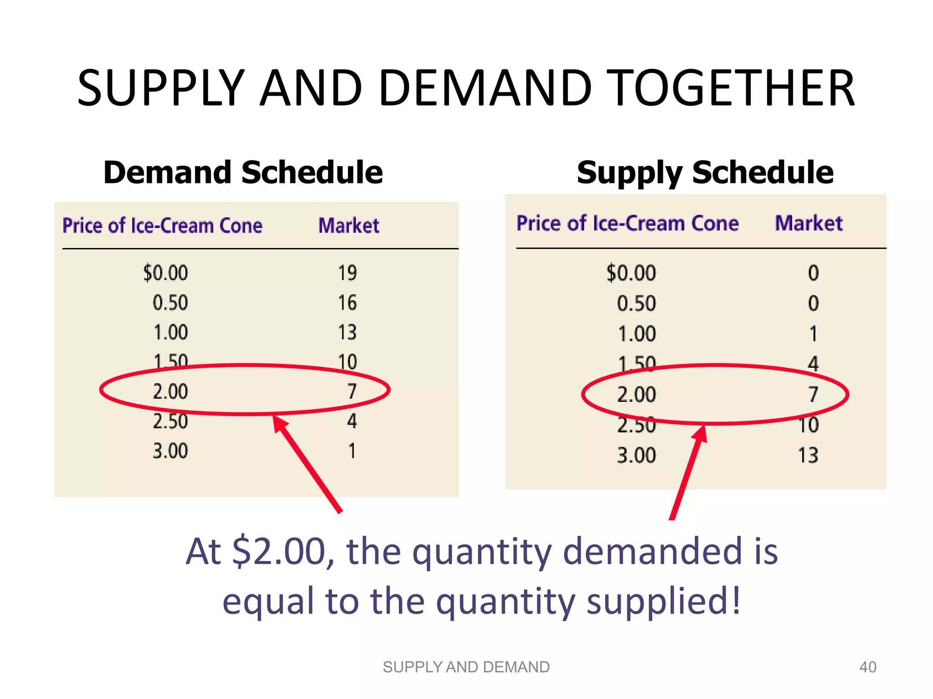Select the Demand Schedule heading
click(243, 172)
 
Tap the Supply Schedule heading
click(705, 172)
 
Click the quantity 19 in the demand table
click(347, 273)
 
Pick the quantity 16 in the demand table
click(347, 303)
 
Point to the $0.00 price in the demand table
click(165, 273)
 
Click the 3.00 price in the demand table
click(170, 451)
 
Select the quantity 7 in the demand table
click(352, 391)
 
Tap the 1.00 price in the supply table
click(636, 334)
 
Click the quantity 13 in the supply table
click(808, 456)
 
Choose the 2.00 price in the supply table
click(636, 395)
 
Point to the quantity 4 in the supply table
click(813, 364)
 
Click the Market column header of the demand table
click(349, 226)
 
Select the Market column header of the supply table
click(809, 223)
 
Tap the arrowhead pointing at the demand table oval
click(280, 423)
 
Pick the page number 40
click(867, 667)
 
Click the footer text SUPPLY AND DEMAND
click(466, 667)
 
